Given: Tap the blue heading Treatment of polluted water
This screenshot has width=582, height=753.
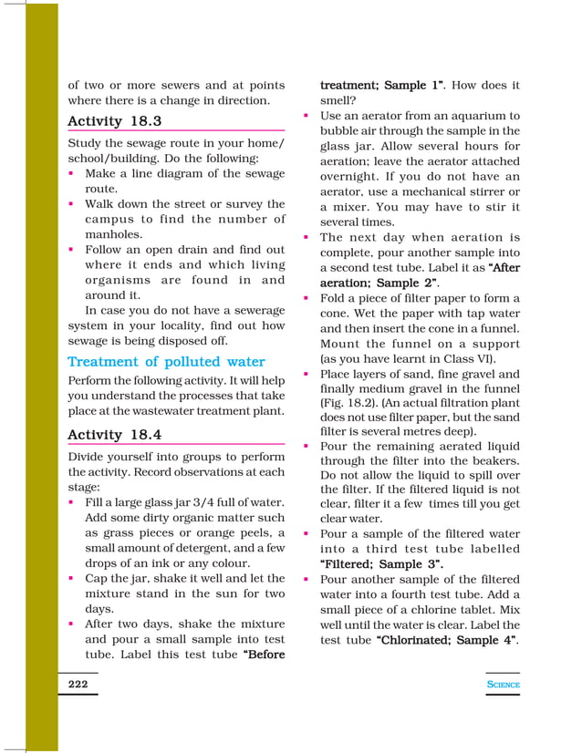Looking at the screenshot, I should tap(166, 362).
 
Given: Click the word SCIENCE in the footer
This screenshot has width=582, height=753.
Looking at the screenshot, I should tap(503, 685).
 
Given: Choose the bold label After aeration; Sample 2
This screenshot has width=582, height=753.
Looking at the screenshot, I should tap(418, 275).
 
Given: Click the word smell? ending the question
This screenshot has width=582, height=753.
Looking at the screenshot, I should tap(338, 101).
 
